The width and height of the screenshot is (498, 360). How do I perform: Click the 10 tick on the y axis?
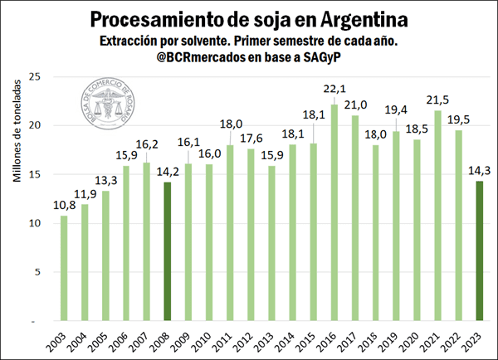(x=35, y=223)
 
